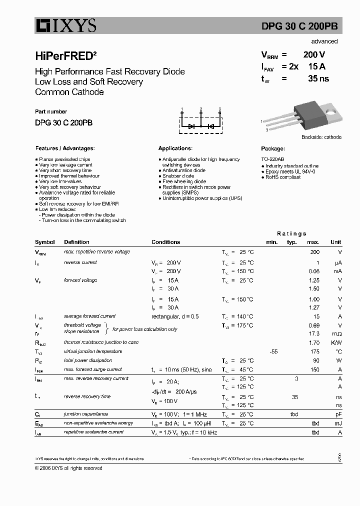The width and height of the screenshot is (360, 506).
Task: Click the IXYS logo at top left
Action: tap(65, 25)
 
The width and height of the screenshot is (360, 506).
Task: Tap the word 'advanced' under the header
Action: tap(324, 41)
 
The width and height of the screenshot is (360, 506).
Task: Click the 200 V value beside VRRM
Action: tap(314, 55)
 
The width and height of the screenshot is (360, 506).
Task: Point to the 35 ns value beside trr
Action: tap(318, 78)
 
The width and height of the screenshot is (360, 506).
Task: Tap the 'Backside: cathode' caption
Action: tap(321, 137)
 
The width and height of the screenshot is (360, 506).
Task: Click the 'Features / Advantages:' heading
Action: tap(65, 148)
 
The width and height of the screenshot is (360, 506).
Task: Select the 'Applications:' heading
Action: tap(175, 148)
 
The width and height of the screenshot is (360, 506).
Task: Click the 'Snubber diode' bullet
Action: tap(178, 176)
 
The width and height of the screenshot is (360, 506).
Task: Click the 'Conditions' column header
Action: tap(165, 242)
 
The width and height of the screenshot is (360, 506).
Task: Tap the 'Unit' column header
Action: tap(335, 242)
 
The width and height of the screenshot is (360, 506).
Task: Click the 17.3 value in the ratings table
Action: tap(314, 333)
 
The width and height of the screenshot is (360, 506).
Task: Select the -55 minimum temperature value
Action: tap(273, 351)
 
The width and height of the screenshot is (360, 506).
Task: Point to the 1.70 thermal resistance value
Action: tap(314, 342)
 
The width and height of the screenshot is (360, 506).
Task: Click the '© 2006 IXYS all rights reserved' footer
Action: tap(68, 468)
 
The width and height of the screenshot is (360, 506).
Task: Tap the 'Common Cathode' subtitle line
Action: tap(69, 92)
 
